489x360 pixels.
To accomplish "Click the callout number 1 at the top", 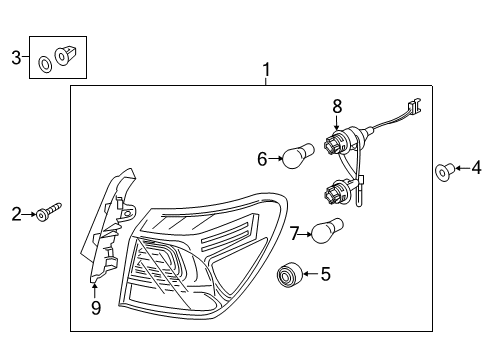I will point(266,70).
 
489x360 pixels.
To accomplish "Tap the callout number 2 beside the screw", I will point(16,212).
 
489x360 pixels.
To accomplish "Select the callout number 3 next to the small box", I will point(15,58).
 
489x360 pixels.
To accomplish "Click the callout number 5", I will point(323,271).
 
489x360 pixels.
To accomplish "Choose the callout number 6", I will point(262,157).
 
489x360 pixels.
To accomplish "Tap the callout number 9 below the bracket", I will point(96,309).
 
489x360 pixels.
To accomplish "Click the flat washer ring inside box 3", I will point(46,66).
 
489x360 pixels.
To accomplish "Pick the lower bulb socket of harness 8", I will point(336,193).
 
